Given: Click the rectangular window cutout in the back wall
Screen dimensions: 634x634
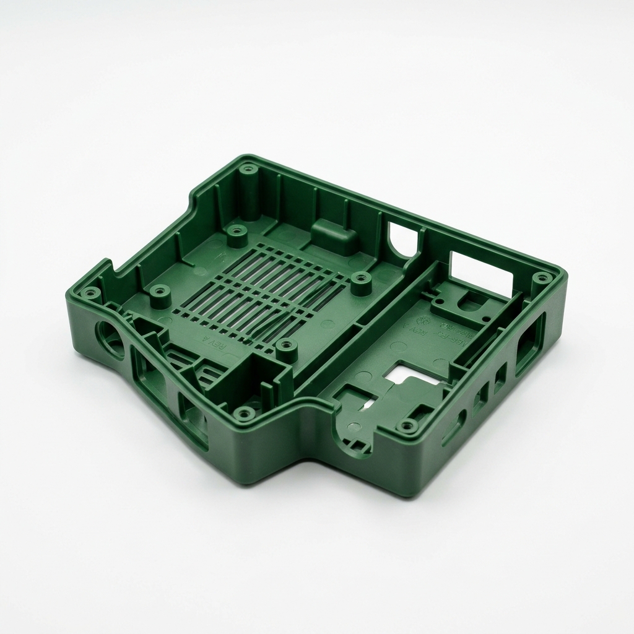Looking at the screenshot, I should click(x=481, y=272).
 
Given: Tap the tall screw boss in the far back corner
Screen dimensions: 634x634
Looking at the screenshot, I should click(x=249, y=169).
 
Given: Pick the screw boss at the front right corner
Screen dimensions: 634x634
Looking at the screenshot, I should click(x=407, y=425).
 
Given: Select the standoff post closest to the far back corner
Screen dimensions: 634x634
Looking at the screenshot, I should click(x=235, y=233).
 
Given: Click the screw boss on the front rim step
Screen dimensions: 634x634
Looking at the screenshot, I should click(x=246, y=412).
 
